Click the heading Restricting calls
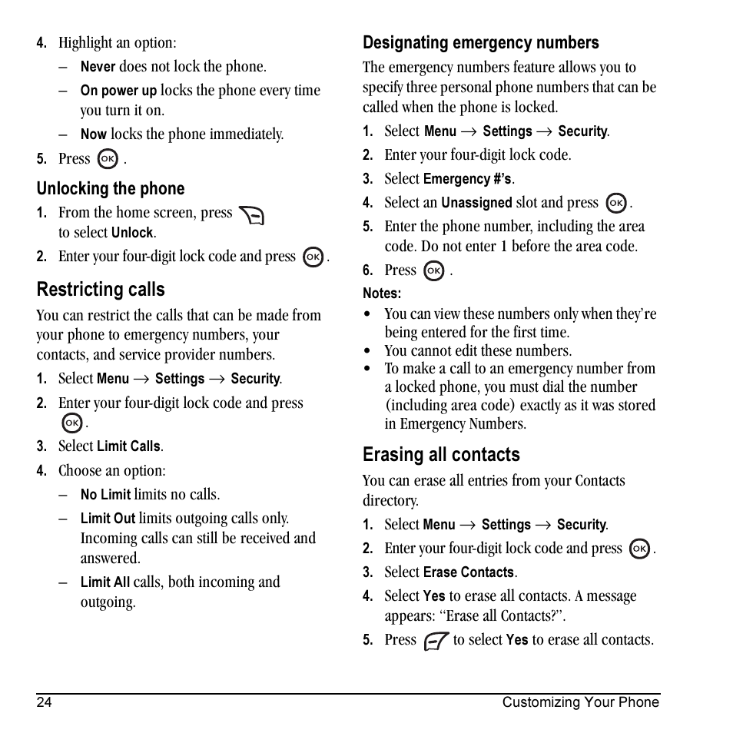(x=101, y=290)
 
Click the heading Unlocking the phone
(x=111, y=189)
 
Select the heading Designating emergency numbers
(x=480, y=43)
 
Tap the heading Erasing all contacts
(x=441, y=455)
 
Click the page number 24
(x=44, y=702)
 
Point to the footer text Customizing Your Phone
(x=580, y=702)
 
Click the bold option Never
(x=98, y=68)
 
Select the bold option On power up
(x=118, y=91)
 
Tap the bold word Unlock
(x=132, y=233)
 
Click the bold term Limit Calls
(x=128, y=446)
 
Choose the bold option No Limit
(x=105, y=495)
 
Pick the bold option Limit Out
(x=108, y=519)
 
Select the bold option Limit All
(x=105, y=583)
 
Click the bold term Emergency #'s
(x=467, y=180)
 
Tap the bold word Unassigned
(x=476, y=204)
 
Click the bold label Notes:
(x=382, y=294)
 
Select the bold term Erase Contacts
(x=469, y=573)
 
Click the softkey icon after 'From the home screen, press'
(x=251, y=215)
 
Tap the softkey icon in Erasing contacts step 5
(x=436, y=641)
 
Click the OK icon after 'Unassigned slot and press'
(x=615, y=204)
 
